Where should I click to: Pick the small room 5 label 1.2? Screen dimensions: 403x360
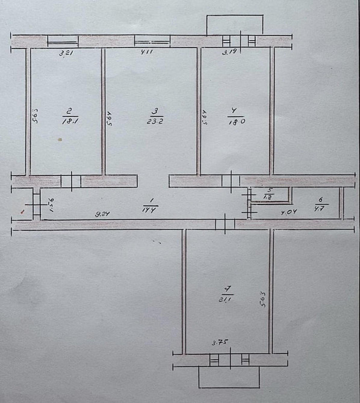268,196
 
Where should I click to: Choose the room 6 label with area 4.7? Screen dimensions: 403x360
319,210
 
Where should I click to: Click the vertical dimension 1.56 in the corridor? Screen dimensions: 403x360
51,205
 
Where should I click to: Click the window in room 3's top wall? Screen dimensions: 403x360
152,41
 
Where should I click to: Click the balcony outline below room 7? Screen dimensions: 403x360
229,377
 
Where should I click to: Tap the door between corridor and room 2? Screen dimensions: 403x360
70,180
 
